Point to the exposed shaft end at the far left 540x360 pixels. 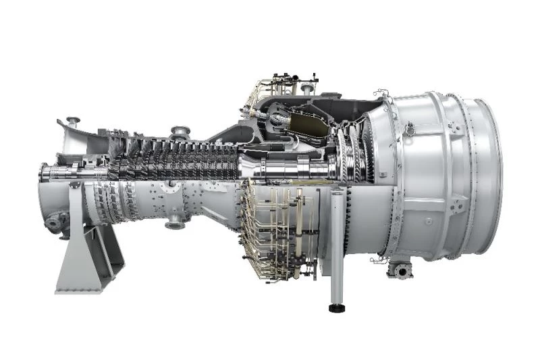[45, 173]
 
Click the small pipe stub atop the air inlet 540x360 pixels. [72, 122]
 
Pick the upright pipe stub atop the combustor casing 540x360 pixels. [307, 88]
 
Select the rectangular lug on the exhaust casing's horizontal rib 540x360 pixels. [428, 220]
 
